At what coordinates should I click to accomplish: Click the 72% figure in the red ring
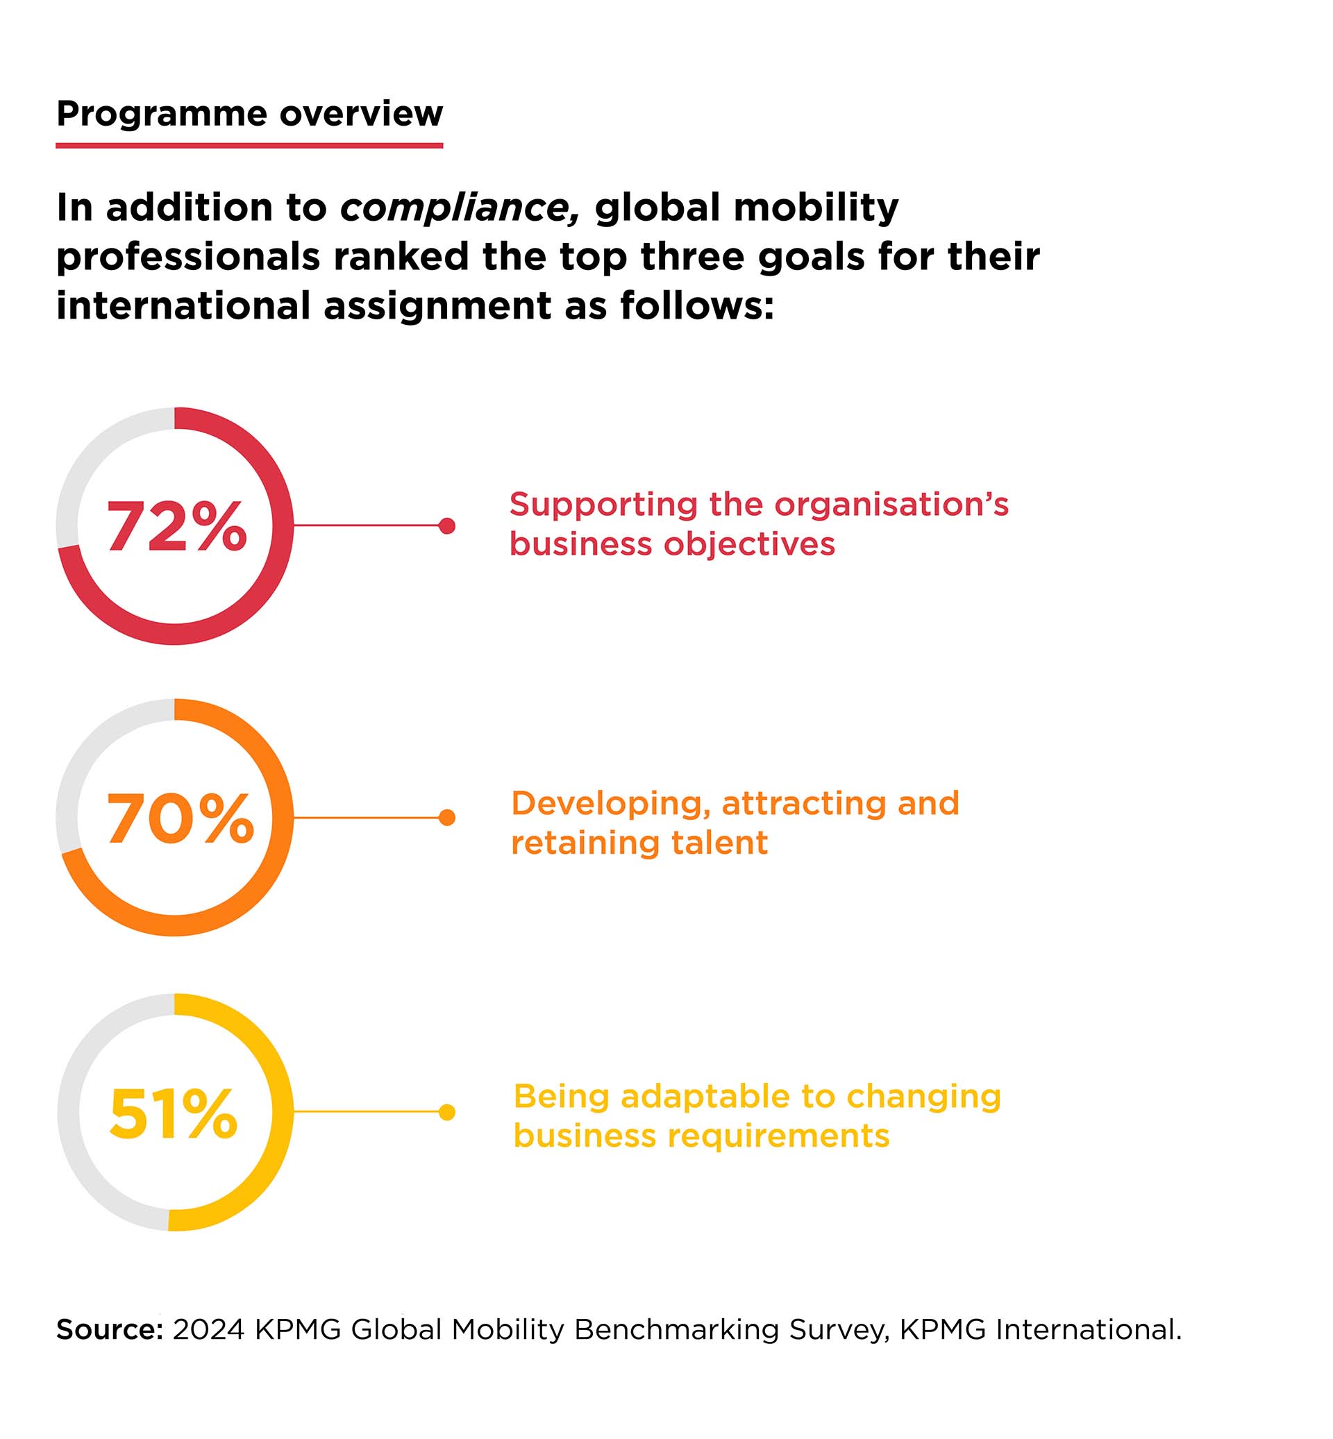[177, 528]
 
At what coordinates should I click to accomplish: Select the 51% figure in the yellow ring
[173, 1114]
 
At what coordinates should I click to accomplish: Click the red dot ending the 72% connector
[447, 526]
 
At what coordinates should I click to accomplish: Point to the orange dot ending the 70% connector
[447, 817]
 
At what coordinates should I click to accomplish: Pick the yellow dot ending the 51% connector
[447, 1112]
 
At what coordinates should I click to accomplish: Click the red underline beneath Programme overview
[249, 146]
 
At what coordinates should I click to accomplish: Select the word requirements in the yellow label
[778, 1137]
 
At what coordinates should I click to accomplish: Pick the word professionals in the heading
[188, 258]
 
